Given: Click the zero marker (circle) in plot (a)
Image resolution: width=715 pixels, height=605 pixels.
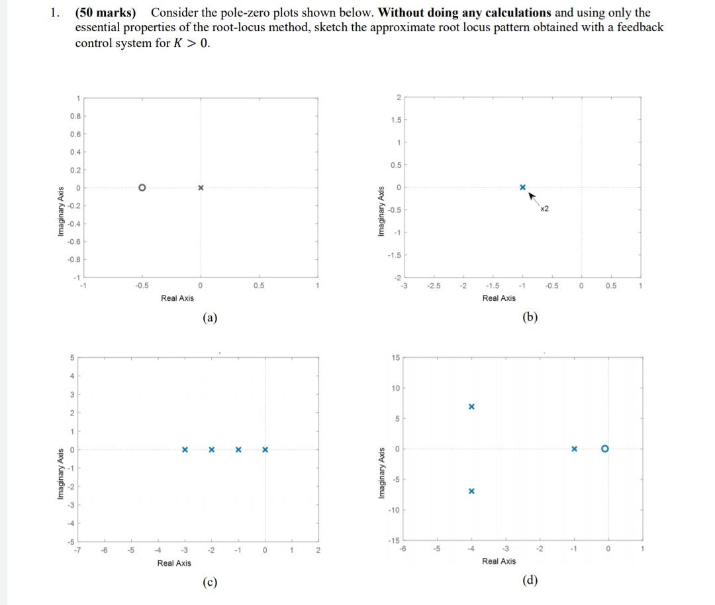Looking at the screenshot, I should [x=141, y=188].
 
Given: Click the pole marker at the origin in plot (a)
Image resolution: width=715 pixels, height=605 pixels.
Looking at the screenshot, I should [x=200, y=188].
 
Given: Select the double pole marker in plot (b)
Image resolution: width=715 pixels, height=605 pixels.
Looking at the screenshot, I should [x=522, y=188].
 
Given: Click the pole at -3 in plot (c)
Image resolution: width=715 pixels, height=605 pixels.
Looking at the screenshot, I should [x=185, y=450].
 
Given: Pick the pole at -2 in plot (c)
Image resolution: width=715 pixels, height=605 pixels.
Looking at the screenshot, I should [x=211, y=450].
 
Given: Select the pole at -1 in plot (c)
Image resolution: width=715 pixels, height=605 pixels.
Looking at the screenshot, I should [x=238, y=450].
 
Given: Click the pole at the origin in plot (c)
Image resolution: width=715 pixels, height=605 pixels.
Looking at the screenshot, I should [x=265, y=450].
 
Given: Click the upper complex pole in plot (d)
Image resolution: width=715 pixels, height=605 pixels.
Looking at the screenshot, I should [x=471, y=406].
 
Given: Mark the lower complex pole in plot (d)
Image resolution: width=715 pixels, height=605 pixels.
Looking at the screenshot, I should [x=471, y=492].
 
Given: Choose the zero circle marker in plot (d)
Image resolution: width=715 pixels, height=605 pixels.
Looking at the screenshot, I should [x=604, y=449].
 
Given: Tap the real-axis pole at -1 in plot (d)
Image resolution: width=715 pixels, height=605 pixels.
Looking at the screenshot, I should [x=575, y=449].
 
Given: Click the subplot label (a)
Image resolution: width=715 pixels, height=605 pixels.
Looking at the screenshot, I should [x=210, y=317].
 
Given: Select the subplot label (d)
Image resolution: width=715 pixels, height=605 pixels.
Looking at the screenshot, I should [x=530, y=580].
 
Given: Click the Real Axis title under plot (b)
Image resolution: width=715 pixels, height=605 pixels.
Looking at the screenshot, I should [x=499, y=298].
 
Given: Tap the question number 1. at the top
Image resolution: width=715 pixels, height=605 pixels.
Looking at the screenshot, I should [x=55, y=13].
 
